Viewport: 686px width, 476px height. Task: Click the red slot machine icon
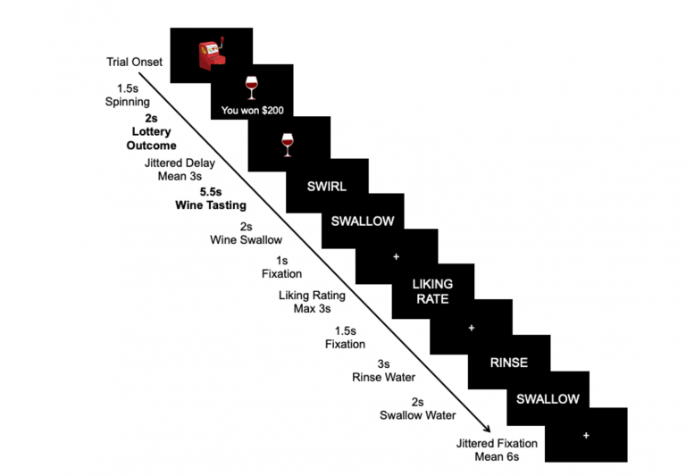click(x=212, y=53)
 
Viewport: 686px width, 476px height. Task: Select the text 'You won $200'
click(x=253, y=111)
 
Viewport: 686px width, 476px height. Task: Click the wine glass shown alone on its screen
click(x=288, y=143)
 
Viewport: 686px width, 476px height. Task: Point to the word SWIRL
click(x=327, y=187)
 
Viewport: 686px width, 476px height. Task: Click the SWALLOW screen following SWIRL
click(x=362, y=221)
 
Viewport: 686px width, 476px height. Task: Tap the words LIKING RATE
click(x=432, y=291)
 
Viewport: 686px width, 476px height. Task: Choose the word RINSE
click(x=509, y=363)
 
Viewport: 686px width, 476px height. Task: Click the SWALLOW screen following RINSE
click(x=548, y=398)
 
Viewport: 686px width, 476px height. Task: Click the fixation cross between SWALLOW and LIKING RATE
click(x=396, y=257)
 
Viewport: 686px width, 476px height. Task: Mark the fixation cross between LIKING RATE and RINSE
click(x=471, y=328)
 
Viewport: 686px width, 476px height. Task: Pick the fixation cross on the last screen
click(x=586, y=435)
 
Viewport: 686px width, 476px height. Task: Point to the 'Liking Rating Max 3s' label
click(x=312, y=302)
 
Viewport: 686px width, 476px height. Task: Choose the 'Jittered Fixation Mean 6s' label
click(x=497, y=449)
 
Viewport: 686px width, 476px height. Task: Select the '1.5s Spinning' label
click(x=127, y=96)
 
